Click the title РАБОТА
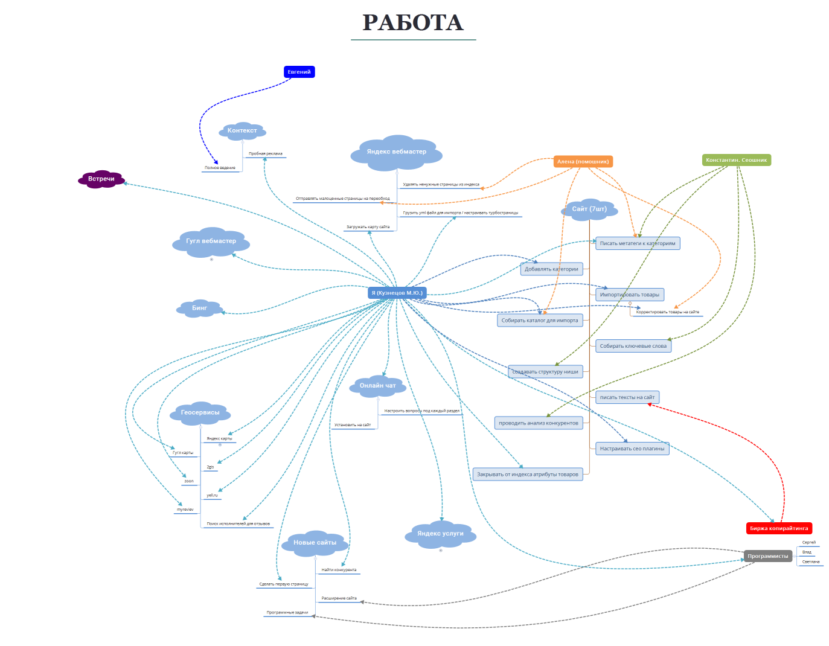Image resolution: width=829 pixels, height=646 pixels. tap(413, 23)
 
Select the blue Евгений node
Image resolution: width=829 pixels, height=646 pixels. tap(299, 72)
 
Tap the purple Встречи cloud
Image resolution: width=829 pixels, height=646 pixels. tap(101, 179)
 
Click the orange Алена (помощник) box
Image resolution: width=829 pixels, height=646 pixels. tap(583, 161)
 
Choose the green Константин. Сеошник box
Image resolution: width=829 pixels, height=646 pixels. tap(736, 160)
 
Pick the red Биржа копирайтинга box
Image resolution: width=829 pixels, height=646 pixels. tap(779, 528)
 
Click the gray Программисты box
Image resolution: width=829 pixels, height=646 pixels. tap(767, 556)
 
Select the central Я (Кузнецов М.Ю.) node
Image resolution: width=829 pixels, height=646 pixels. tap(397, 293)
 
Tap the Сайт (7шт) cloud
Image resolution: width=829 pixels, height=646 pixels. tap(589, 209)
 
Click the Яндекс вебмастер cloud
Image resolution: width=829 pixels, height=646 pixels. tap(396, 152)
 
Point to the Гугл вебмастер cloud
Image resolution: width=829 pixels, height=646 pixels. tap(211, 241)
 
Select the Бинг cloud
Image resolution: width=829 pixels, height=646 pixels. tap(199, 308)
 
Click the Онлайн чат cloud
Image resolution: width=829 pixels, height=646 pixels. tap(377, 385)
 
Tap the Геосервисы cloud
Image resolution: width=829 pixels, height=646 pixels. tap(200, 412)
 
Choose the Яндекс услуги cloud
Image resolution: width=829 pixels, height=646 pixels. tap(440, 534)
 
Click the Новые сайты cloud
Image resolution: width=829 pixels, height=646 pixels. tap(315, 543)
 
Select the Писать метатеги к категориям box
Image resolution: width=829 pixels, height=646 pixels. tap(638, 243)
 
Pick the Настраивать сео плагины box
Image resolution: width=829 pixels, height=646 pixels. tap(632, 449)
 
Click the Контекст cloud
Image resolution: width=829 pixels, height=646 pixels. tap(242, 130)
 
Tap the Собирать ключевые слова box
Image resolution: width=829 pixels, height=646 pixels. tap(633, 346)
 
